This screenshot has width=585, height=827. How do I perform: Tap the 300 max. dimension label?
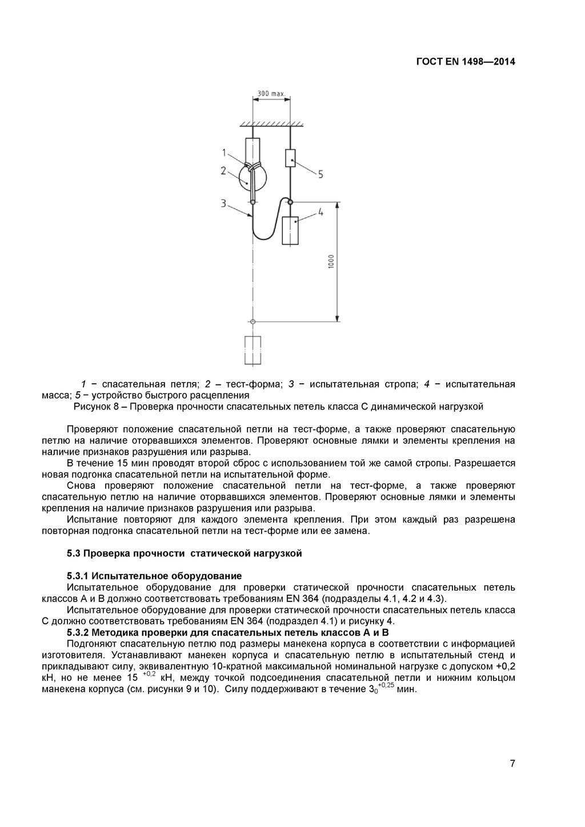click(271, 93)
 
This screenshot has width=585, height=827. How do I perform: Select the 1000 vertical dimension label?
click(331, 261)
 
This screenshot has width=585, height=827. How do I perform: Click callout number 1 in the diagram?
click(225, 152)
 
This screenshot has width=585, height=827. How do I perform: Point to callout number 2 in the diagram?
click(223, 170)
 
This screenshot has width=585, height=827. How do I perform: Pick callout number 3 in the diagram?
click(223, 203)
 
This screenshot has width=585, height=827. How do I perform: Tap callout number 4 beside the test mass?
click(320, 212)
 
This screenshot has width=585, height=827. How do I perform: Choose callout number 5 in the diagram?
click(320, 174)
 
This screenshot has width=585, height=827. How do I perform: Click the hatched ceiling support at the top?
click(271, 123)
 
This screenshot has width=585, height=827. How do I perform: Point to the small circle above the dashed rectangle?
click(253, 322)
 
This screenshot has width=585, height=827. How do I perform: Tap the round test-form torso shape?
click(252, 178)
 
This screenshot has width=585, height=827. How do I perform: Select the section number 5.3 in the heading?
click(74, 553)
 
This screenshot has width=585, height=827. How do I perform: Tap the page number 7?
click(512, 764)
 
